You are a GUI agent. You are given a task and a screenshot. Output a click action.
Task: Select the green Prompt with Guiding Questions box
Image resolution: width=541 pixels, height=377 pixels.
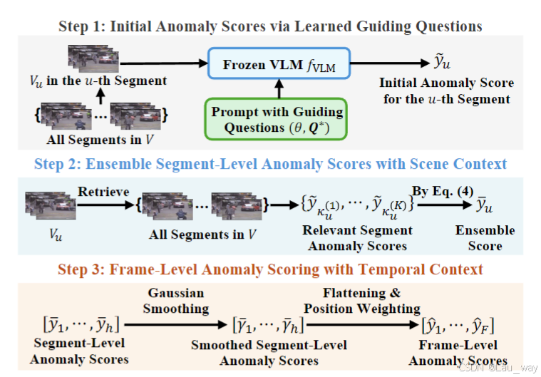277,119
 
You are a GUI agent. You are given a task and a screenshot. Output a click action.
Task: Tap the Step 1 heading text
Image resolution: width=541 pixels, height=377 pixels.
269,26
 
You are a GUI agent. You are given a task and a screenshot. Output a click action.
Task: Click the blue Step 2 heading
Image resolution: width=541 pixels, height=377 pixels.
270,164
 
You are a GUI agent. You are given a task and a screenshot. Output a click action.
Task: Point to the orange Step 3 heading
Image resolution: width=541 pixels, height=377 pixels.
270,269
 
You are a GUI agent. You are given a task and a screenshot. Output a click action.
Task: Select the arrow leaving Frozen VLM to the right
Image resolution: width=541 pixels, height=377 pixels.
388,64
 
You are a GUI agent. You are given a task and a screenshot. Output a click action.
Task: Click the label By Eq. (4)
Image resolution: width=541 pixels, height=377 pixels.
433,191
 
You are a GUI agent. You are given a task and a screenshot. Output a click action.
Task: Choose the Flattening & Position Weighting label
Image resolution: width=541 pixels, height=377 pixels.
361,301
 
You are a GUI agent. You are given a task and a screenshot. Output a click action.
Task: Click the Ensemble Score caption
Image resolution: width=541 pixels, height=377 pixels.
485,238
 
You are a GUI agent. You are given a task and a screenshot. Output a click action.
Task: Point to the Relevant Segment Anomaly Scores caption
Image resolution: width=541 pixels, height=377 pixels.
356,238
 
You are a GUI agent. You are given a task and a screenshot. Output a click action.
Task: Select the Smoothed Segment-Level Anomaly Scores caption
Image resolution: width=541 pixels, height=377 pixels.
269,353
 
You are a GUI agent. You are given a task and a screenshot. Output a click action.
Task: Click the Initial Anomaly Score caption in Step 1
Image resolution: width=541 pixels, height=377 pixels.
446,91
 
